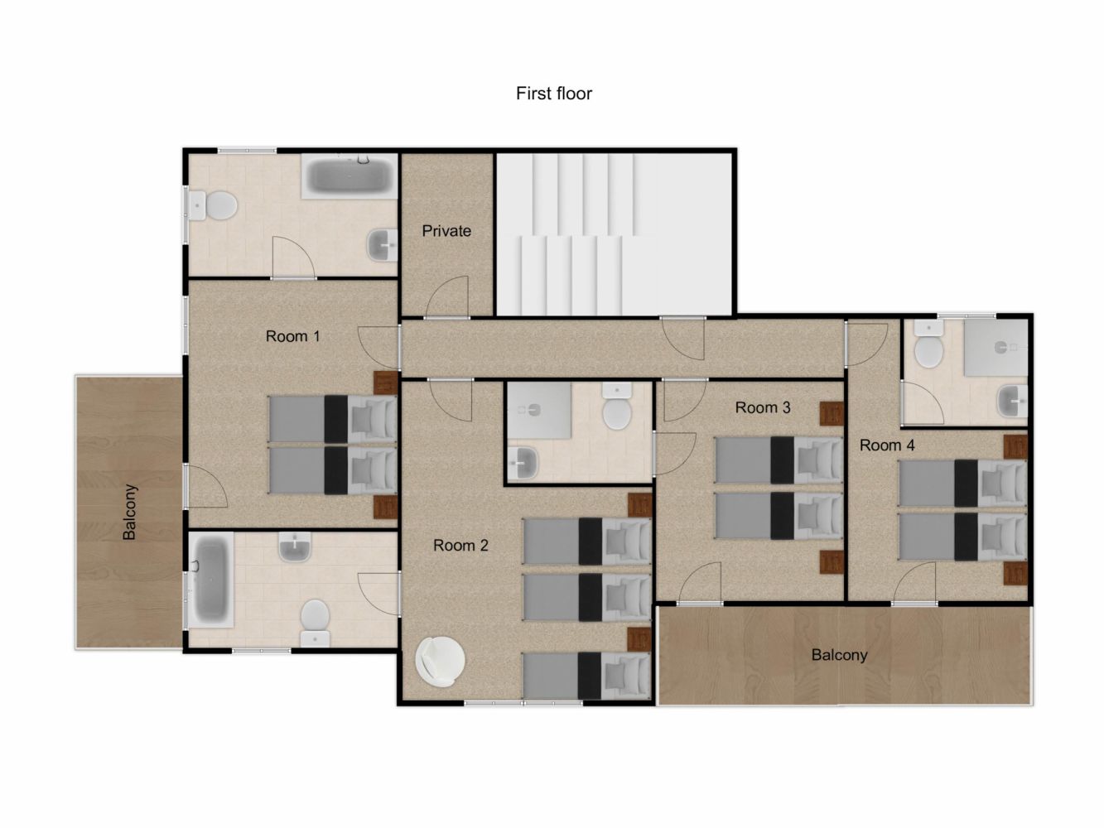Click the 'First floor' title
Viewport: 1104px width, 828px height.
pyautogui.click(x=554, y=94)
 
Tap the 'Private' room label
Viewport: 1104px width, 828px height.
pyautogui.click(x=446, y=231)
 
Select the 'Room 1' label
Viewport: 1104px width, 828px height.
pyautogui.click(x=292, y=336)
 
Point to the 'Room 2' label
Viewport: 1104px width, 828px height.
pyautogui.click(x=460, y=545)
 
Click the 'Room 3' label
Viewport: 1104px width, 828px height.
pyautogui.click(x=763, y=407)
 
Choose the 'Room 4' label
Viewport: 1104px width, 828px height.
pyautogui.click(x=887, y=445)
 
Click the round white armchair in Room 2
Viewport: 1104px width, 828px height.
pyautogui.click(x=440, y=661)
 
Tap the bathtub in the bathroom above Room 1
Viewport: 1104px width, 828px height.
pyautogui.click(x=350, y=176)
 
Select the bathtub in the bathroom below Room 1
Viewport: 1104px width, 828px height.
pyautogui.click(x=210, y=580)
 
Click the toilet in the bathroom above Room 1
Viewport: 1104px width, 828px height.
pyautogui.click(x=213, y=205)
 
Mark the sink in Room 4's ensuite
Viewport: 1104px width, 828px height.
pyautogui.click(x=1012, y=401)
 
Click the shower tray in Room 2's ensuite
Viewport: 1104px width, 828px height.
pyautogui.click(x=539, y=410)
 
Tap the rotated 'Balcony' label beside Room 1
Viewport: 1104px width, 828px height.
pyautogui.click(x=130, y=512)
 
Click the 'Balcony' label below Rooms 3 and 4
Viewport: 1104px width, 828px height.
pyautogui.click(x=840, y=655)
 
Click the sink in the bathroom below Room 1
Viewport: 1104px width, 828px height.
pyautogui.click(x=295, y=547)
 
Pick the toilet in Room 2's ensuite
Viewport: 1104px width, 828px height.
pyautogui.click(x=617, y=407)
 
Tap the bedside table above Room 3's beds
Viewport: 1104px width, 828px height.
pyautogui.click(x=832, y=413)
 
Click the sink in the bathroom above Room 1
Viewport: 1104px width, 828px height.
pyautogui.click(x=383, y=245)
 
